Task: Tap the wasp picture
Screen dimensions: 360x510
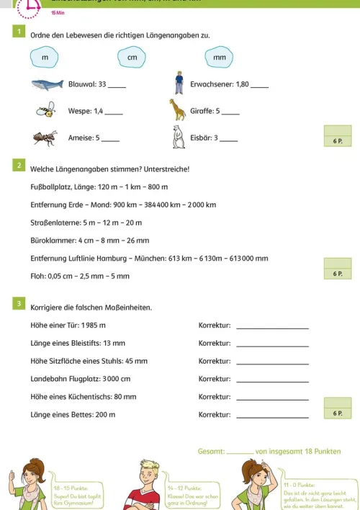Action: pyautogui.click(x=46, y=110)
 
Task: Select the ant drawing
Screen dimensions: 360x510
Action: pyautogui.click(x=45, y=137)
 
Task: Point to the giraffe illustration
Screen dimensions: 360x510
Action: pyautogui.click(x=177, y=109)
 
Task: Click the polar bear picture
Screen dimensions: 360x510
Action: pyautogui.click(x=178, y=136)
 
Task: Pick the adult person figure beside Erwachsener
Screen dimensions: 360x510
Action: pyautogui.click(x=179, y=83)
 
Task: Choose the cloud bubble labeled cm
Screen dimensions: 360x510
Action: pyautogui.click(x=131, y=56)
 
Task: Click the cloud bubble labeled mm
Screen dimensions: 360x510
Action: pyautogui.click(x=219, y=56)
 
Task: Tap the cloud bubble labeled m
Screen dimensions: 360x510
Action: pyautogui.click(x=45, y=56)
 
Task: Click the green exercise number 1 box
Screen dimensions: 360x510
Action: pyautogui.click(x=18, y=32)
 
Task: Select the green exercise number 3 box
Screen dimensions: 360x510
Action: pyautogui.click(x=18, y=304)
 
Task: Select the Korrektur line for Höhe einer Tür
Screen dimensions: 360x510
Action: pyautogui.click(x=272, y=328)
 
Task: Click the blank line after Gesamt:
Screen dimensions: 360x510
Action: pyautogui.click(x=239, y=453)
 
